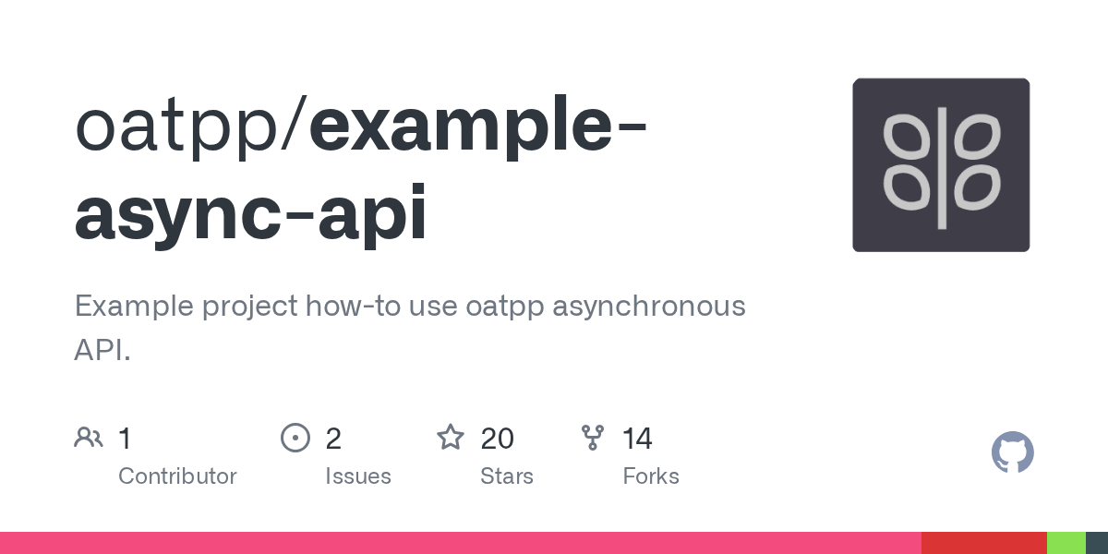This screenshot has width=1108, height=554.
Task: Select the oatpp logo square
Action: pos(941,165)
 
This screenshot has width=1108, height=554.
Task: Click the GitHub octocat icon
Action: pos(1012,452)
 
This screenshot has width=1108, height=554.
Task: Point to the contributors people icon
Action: pos(89,438)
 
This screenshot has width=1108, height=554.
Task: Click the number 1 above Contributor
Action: pos(125,438)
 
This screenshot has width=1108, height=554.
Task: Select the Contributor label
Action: pos(177,476)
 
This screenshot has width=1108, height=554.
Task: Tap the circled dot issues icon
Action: pos(295,438)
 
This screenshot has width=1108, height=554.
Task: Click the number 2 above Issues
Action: pos(333,438)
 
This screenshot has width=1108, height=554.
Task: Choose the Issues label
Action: pos(357,476)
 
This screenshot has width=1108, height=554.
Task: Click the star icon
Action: pos(451,437)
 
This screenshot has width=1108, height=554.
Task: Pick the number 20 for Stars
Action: pos(497,438)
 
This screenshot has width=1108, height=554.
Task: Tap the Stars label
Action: pos(506,476)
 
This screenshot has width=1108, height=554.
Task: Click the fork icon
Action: pos(592,438)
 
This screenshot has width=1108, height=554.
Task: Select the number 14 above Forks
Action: pos(637,438)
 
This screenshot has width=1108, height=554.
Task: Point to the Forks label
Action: pos(651,476)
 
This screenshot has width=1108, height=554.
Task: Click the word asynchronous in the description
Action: pos(648,306)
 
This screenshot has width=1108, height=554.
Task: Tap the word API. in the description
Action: pos(102,350)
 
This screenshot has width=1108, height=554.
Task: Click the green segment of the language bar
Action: pos(1066,543)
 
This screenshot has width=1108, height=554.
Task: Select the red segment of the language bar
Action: pos(983,543)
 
